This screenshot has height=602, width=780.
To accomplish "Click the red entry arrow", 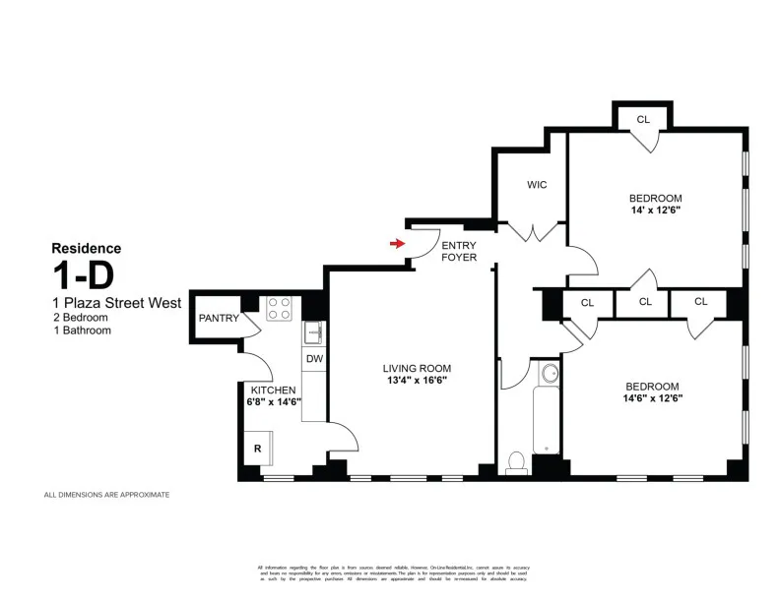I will pyautogui.click(x=398, y=243).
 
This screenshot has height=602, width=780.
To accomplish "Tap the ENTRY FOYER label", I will pyautogui.click(x=459, y=251).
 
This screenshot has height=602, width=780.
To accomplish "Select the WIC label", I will pyautogui.click(x=537, y=184).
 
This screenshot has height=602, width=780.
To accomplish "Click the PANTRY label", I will pyautogui.click(x=219, y=318).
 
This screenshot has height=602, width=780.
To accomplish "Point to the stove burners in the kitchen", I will pyautogui.click(x=280, y=308).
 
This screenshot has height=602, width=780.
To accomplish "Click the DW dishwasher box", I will pyautogui.click(x=314, y=359).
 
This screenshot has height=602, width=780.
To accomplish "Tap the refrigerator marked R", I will pyautogui.click(x=258, y=448).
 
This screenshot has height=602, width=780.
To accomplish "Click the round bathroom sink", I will pyautogui.click(x=549, y=374).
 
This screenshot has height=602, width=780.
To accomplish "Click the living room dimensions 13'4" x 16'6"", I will pyautogui.click(x=417, y=381).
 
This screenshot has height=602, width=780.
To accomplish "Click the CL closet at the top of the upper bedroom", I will pyautogui.click(x=643, y=120).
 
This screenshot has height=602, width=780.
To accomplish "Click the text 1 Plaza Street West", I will pyautogui.click(x=116, y=303).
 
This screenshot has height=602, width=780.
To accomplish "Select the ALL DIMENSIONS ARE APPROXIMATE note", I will pyautogui.click(x=106, y=495).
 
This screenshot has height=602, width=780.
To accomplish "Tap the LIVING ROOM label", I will pyautogui.click(x=417, y=369).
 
